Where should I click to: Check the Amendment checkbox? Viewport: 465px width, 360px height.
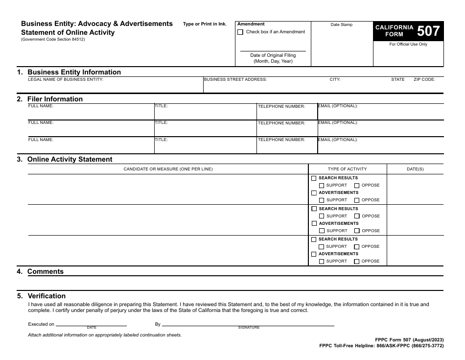coord(240,32)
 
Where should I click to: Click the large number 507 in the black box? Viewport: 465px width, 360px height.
coord(428,31)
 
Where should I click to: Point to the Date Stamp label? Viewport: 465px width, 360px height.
coord(341,24)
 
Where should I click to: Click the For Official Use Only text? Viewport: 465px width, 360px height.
coord(408,44)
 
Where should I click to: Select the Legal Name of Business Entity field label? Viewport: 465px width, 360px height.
coord(66,79)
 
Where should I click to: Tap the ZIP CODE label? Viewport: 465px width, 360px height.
coord(424,79)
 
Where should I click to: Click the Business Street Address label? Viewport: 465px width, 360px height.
coord(235,79)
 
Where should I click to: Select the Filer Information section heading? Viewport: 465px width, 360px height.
coord(55,99)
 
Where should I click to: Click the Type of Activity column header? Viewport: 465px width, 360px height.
coord(347,169)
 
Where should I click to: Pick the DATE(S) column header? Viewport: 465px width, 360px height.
coord(415,169)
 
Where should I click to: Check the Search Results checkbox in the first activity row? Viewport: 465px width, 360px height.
coord(314,178)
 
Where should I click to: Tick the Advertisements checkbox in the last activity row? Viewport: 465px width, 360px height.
coord(314,254)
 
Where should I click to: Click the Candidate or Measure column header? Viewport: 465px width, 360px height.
coord(168,169)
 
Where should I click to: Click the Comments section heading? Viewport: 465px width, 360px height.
coord(45,271)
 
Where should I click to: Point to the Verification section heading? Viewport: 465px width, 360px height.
coord(46,296)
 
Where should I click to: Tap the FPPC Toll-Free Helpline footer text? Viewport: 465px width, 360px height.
coord(381,346)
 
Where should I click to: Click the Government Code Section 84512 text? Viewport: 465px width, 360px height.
coord(53,40)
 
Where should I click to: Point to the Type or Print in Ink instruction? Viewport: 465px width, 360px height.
coord(205,24)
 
